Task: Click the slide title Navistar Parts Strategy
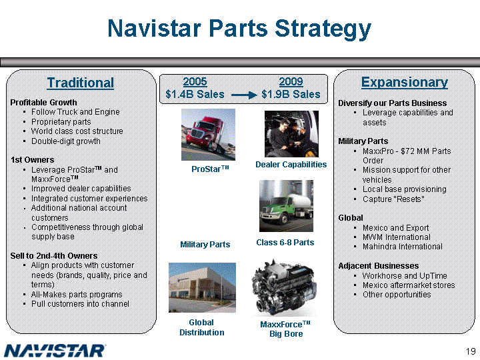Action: (239, 29)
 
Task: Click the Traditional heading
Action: (80, 83)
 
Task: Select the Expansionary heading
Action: (405, 83)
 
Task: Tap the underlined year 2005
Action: (195, 82)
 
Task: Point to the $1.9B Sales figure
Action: (291, 94)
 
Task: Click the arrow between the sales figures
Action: (244, 95)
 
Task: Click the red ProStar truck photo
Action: (208, 135)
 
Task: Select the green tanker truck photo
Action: (286, 206)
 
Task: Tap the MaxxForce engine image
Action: (284, 288)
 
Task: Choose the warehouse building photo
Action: (203, 287)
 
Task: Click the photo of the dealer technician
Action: (291, 134)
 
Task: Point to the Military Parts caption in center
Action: (205, 245)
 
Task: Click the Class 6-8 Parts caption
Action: (285, 243)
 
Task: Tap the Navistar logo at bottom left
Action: (55, 351)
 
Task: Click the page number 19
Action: (471, 351)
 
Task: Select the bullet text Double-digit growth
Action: (66, 141)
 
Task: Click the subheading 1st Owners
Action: (33, 160)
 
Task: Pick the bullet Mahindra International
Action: (403, 247)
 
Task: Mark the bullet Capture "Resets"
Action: (393, 199)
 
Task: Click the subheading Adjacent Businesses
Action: (379, 266)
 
